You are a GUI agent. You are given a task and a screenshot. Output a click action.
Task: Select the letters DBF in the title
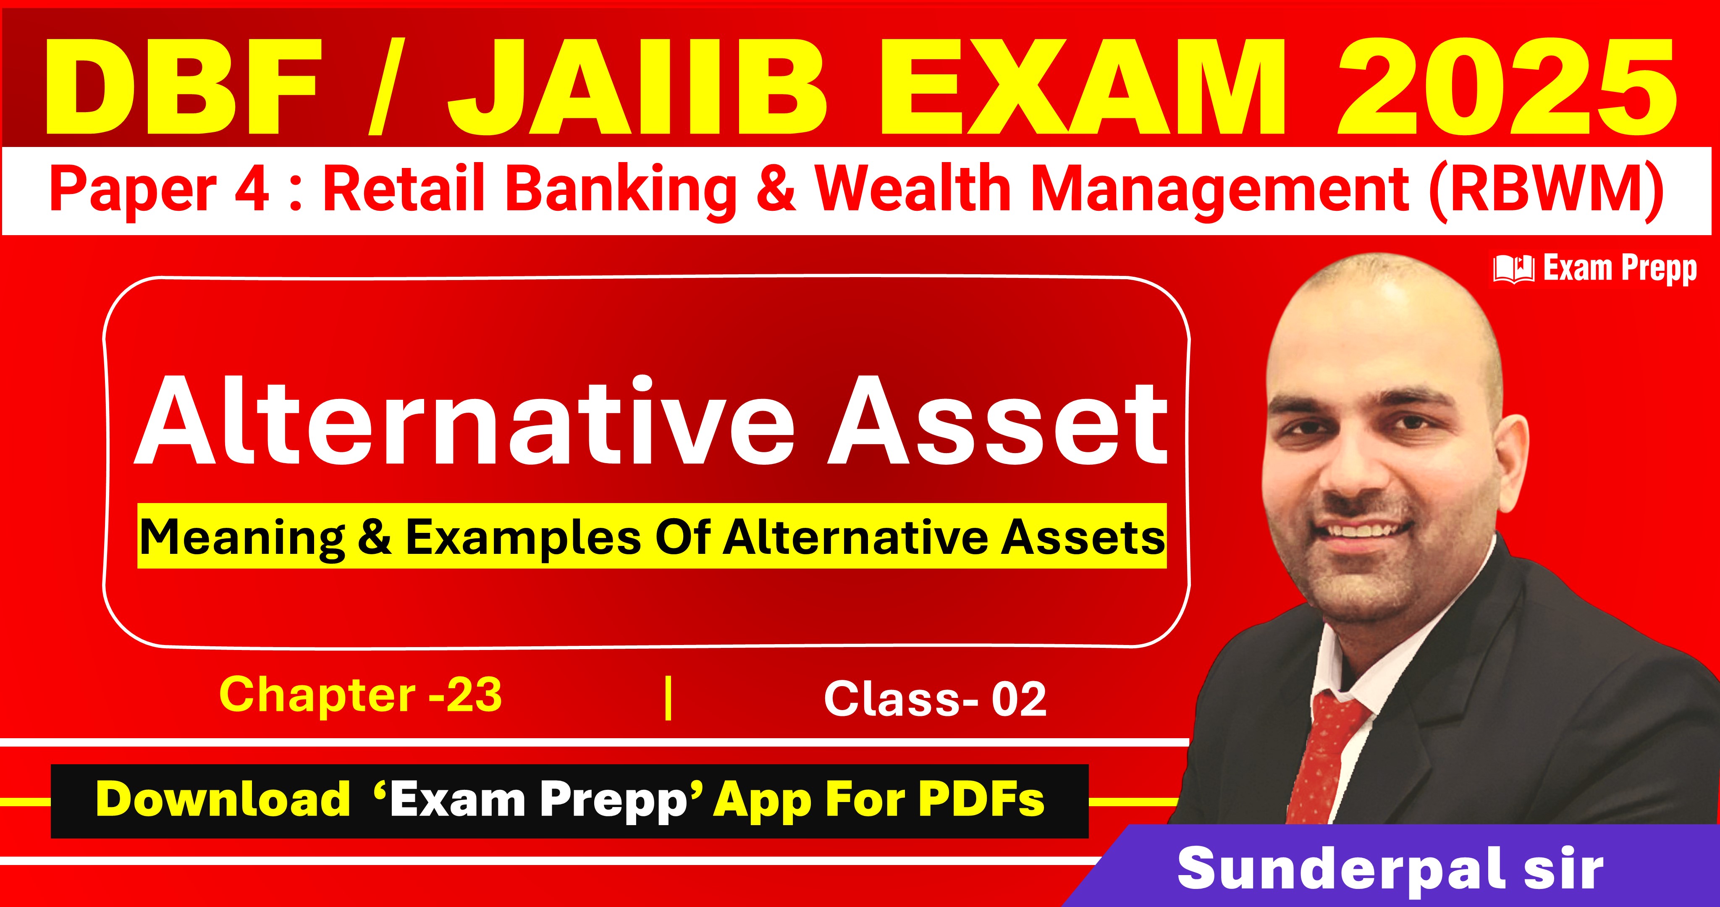tap(181, 87)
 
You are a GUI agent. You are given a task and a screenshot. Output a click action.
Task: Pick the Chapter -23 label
tap(361, 695)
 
